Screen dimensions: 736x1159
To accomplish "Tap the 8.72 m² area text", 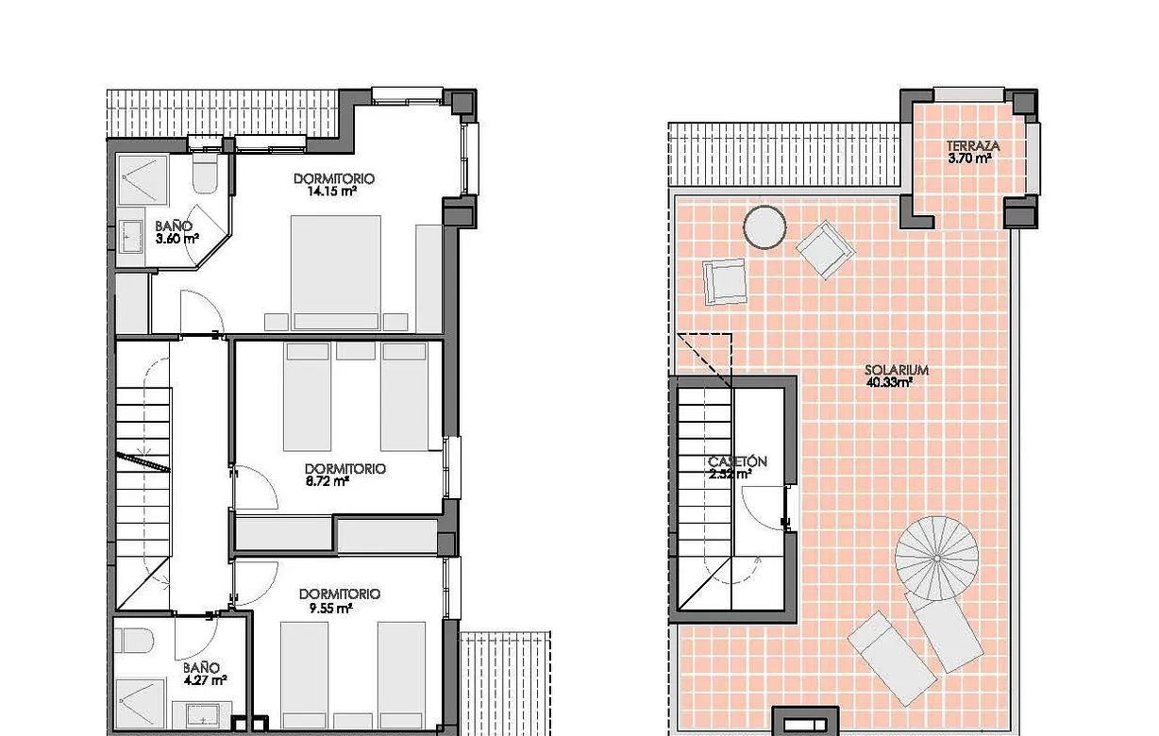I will click(x=328, y=480).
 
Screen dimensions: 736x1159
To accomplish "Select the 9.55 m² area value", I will click(x=329, y=609).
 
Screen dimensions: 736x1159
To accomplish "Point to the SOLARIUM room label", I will click(x=897, y=371).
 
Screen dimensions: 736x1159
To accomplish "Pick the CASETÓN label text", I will click(x=737, y=461).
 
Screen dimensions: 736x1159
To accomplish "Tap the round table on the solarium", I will click(x=764, y=226).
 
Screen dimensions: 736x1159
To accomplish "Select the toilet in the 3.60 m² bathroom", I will click(x=205, y=175).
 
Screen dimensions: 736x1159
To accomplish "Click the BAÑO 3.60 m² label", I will click(x=176, y=232).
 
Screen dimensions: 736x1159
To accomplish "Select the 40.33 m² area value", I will click(x=889, y=383).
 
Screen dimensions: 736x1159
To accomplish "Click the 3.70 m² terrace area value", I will click(x=969, y=159).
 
